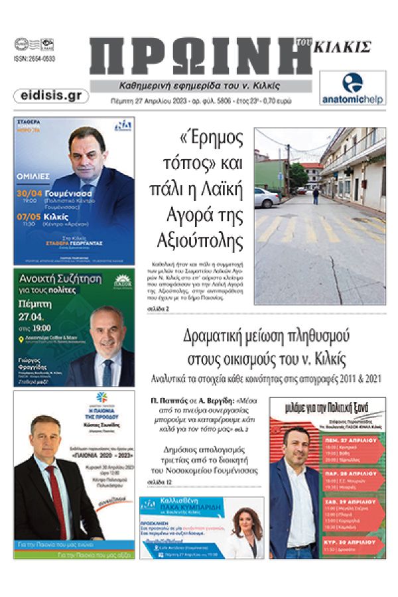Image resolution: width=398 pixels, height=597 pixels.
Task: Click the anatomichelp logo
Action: click(352, 88)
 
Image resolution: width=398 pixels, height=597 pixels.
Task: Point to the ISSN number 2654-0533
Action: click(34, 58)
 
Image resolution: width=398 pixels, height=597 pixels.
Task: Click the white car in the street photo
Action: click(267, 198)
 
